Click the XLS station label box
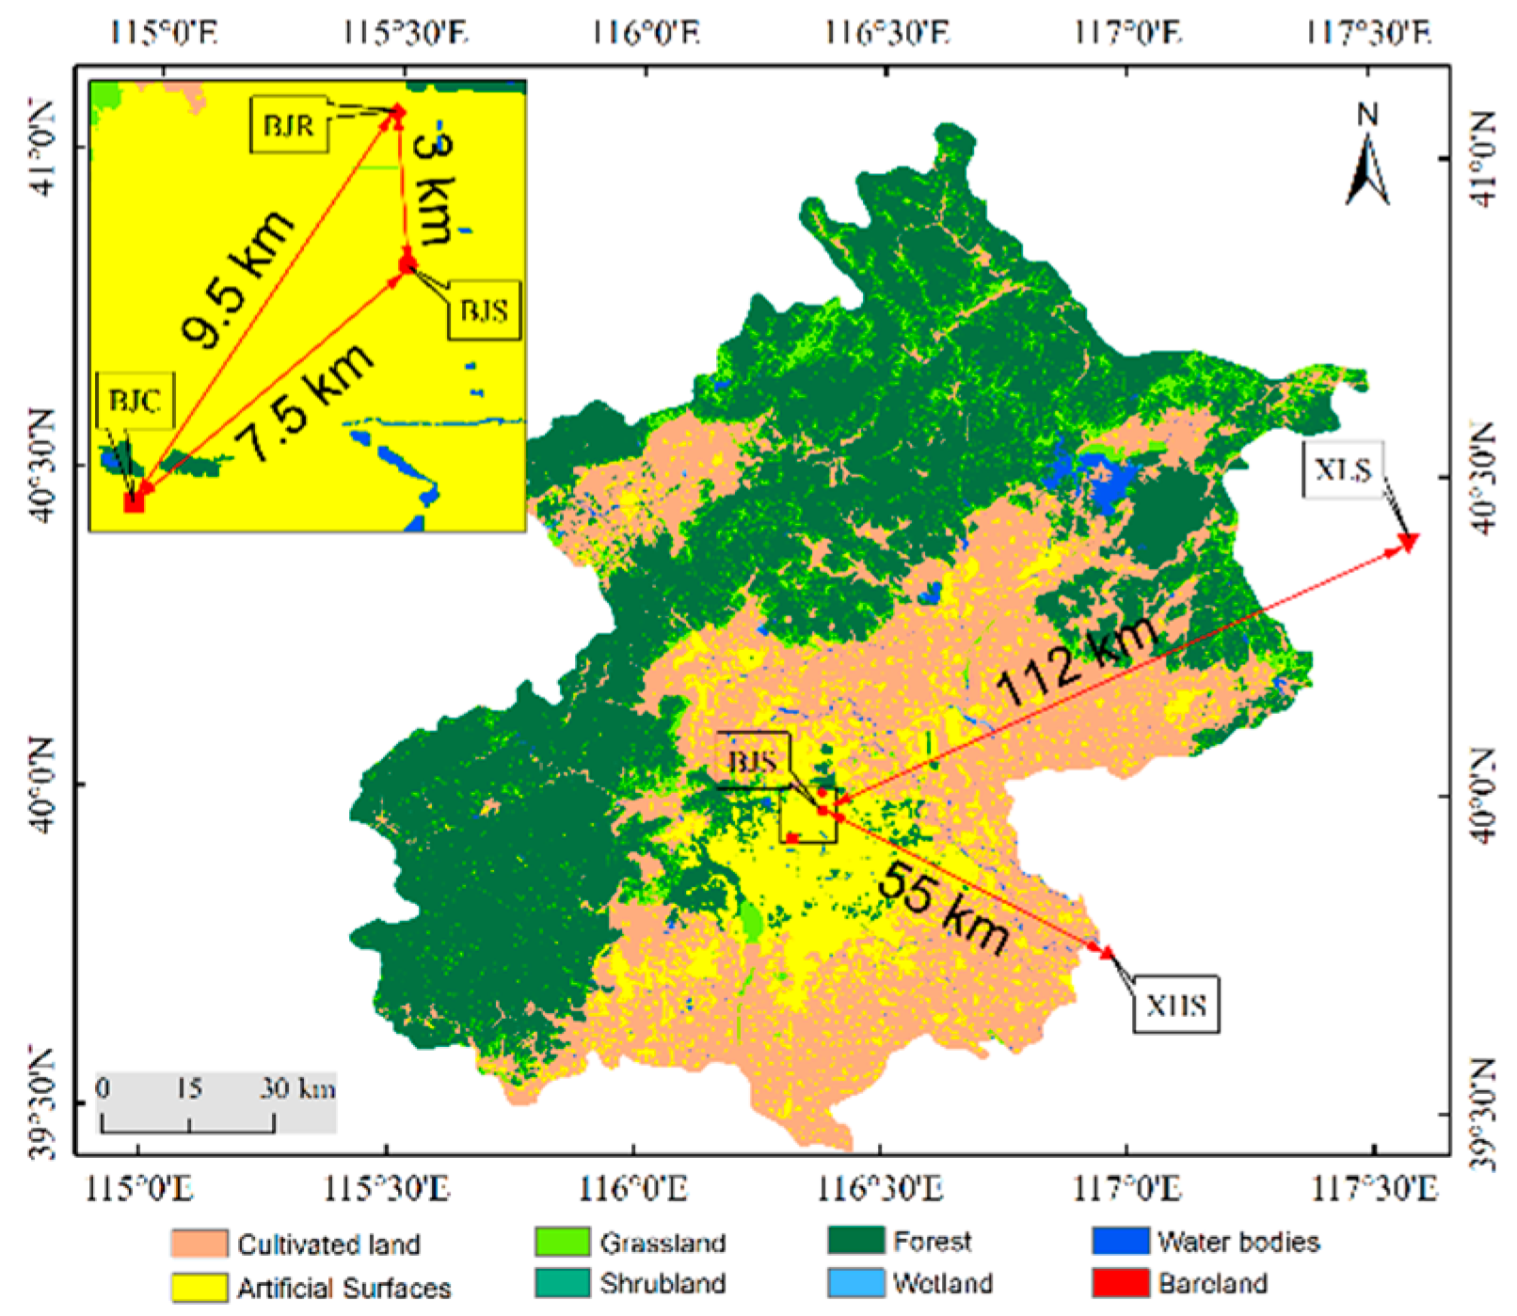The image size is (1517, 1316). [1343, 468]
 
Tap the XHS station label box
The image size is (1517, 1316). [1175, 1005]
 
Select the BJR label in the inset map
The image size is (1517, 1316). [289, 124]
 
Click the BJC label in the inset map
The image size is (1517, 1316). [135, 402]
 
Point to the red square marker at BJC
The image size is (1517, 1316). [135, 502]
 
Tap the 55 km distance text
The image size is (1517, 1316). [944, 907]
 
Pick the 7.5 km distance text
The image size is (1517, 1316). [303, 403]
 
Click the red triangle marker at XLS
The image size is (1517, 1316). [1409, 542]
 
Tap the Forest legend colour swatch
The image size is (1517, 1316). [855, 1242]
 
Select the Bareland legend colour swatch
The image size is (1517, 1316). [1121, 1283]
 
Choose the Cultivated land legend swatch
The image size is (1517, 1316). [200, 1244]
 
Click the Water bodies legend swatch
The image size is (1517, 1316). [1121, 1242]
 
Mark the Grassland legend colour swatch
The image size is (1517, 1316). [562, 1242]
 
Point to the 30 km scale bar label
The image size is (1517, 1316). [297, 1088]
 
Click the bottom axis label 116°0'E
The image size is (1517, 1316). [632, 1189]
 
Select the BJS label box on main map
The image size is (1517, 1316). [753, 760]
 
